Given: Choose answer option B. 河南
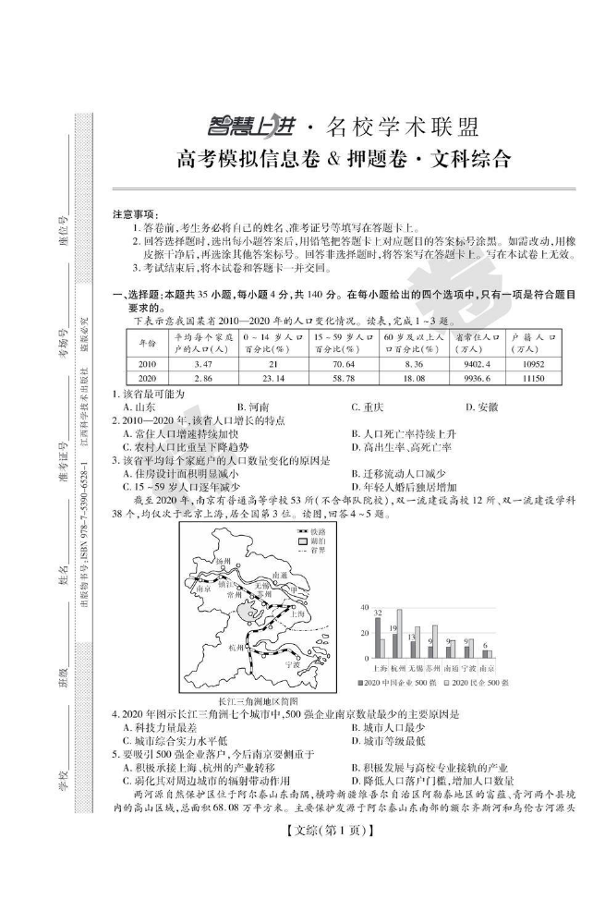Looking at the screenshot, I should click(251, 407).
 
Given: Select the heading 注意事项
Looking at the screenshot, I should click(136, 213).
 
